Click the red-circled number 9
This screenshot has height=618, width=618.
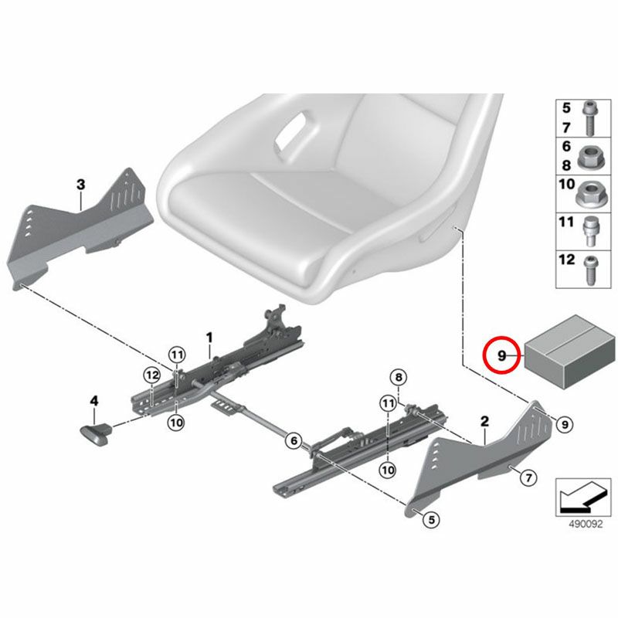(501, 355)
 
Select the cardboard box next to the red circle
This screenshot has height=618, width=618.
(569, 351)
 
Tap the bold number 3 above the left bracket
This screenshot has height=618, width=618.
(81, 184)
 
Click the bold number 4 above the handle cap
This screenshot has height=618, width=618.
(93, 401)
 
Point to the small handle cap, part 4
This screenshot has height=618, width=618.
(95, 433)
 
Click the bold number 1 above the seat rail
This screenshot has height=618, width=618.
(209, 338)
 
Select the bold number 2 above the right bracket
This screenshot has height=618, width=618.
(484, 421)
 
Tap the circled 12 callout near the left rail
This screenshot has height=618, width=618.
(152, 375)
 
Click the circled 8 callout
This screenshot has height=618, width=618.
(399, 378)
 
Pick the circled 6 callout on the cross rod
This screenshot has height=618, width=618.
(294, 440)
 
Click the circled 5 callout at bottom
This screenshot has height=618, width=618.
(432, 520)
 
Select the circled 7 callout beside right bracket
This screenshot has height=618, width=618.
(528, 478)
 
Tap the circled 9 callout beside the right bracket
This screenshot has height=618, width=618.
(565, 424)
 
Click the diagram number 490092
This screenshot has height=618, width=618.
(586, 525)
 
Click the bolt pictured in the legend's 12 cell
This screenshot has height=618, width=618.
(590, 270)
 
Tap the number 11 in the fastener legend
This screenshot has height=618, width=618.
(566, 222)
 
